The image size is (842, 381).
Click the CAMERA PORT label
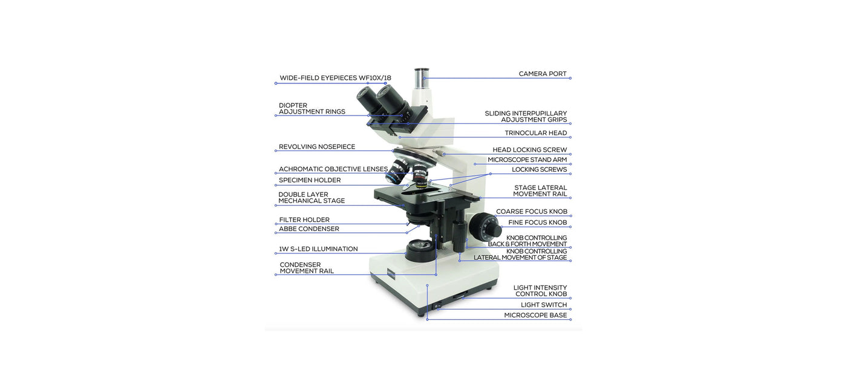[x=542, y=74]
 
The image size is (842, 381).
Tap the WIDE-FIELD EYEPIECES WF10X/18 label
[x=335, y=78]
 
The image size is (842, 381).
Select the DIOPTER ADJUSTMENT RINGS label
[x=312, y=108]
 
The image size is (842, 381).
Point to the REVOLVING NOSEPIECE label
[x=316, y=147]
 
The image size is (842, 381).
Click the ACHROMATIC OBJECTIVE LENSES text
[x=333, y=169]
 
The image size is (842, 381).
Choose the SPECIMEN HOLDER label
[x=309, y=180]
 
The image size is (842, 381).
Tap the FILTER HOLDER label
[x=304, y=220]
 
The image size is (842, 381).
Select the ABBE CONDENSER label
[x=308, y=229]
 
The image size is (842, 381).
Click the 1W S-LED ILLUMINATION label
[x=318, y=249]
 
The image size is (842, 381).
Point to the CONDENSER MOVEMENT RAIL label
[x=306, y=268]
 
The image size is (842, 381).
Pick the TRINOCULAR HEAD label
[x=535, y=133]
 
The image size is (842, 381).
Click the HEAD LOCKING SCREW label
[x=529, y=150]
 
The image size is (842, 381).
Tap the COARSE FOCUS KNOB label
[x=531, y=212]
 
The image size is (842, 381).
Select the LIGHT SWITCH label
[x=543, y=305]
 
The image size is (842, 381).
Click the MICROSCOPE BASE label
[x=535, y=316]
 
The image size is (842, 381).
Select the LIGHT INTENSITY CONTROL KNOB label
[x=540, y=291]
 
